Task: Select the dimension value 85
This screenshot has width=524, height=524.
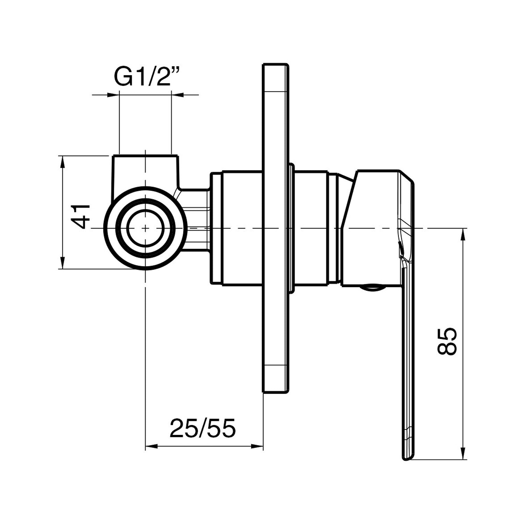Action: coord(447,341)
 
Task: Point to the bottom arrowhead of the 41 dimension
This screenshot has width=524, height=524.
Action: coord(63,264)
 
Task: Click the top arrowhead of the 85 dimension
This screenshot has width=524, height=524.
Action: coord(464,234)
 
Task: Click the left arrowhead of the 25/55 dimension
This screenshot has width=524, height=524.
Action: coord(151,446)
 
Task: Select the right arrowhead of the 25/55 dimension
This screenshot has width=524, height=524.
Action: coord(257,446)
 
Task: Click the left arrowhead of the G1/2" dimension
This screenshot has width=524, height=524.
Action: coord(114,94)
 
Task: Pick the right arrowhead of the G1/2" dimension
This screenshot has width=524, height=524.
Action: coord(177,94)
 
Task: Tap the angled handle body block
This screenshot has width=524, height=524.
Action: coord(370,227)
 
